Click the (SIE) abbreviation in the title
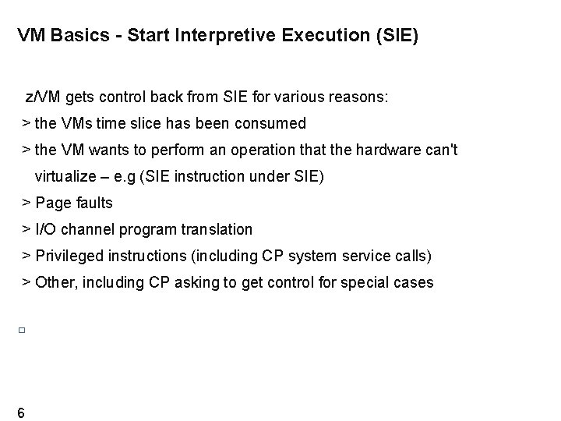[x=396, y=36]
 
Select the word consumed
[x=274, y=123]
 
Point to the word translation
[x=214, y=229]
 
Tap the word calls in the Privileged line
[x=411, y=256]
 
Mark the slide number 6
[x=20, y=412]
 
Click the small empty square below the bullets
[x=23, y=331]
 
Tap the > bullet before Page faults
[x=26, y=203]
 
